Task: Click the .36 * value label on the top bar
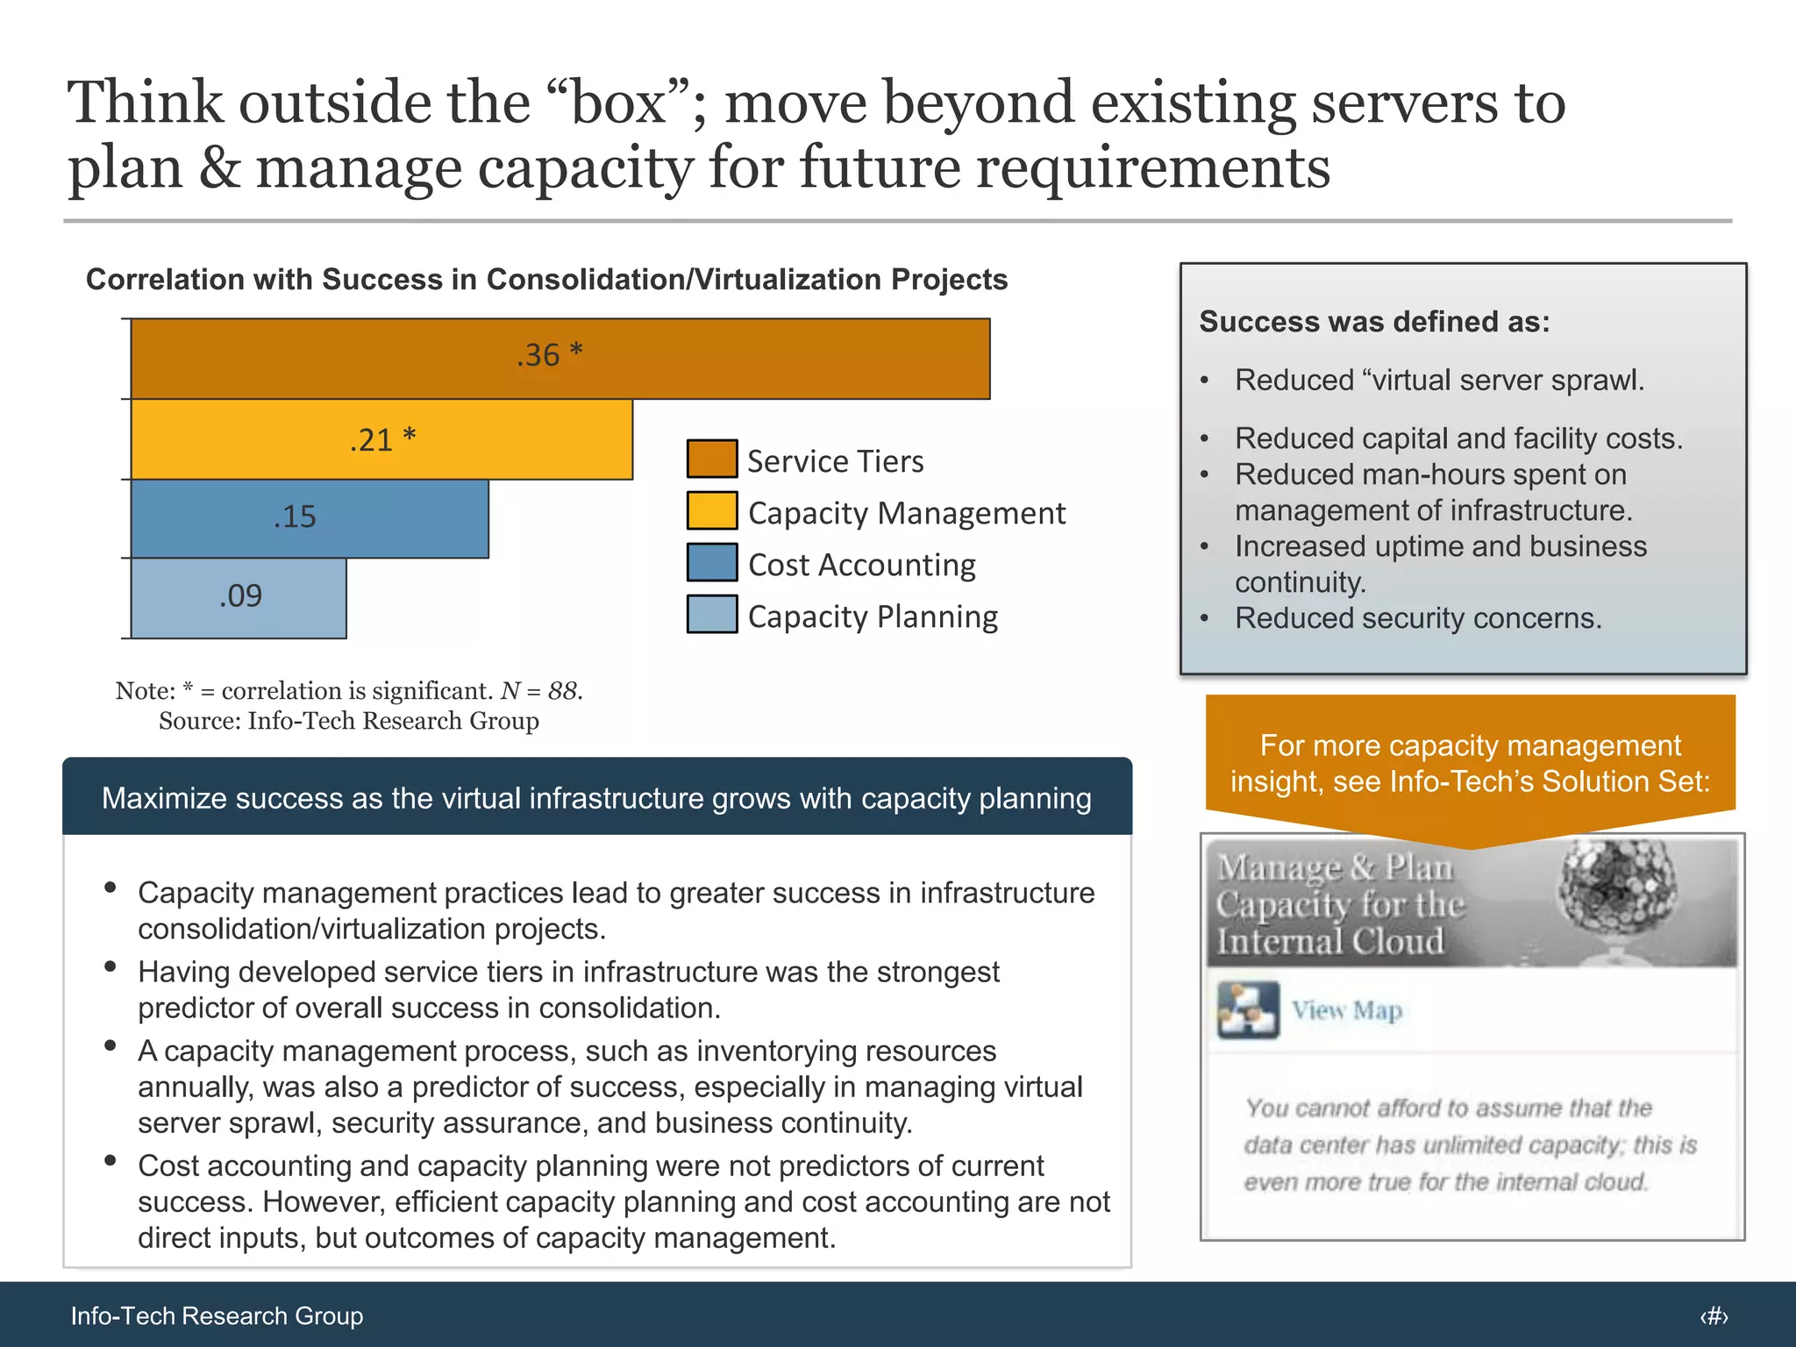(549, 355)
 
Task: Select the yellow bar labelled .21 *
(381, 439)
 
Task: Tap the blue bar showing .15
(310, 518)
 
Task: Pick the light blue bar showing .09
(239, 597)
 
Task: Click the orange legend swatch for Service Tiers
(711, 460)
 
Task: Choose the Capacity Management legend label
(906, 513)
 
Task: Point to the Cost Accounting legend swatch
(711, 563)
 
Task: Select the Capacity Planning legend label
(873, 616)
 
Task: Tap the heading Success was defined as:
(1374, 322)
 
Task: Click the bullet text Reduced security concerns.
(1417, 618)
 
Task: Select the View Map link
(1346, 1011)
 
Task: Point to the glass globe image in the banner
(1616, 893)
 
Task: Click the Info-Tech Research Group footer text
(217, 1315)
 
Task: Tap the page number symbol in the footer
(1714, 1316)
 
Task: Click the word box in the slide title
(617, 103)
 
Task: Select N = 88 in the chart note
(539, 691)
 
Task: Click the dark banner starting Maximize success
(596, 797)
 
